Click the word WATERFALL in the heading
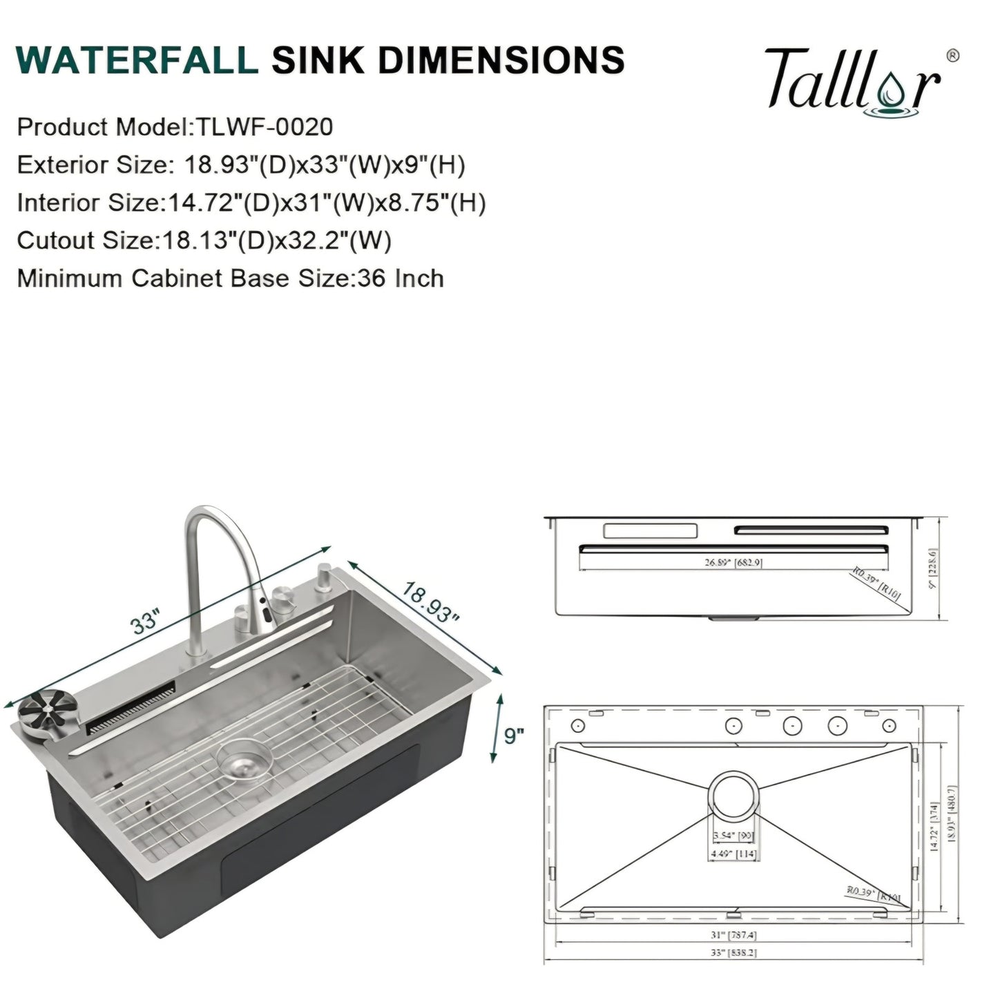click(x=136, y=60)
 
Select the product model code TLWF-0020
click(x=265, y=127)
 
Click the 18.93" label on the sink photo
click(x=430, y=602)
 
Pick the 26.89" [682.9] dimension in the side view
click(x=733, y=563)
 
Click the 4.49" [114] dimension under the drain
click(x=733, y=854)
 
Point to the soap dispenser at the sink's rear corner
click(x=323, y=576)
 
